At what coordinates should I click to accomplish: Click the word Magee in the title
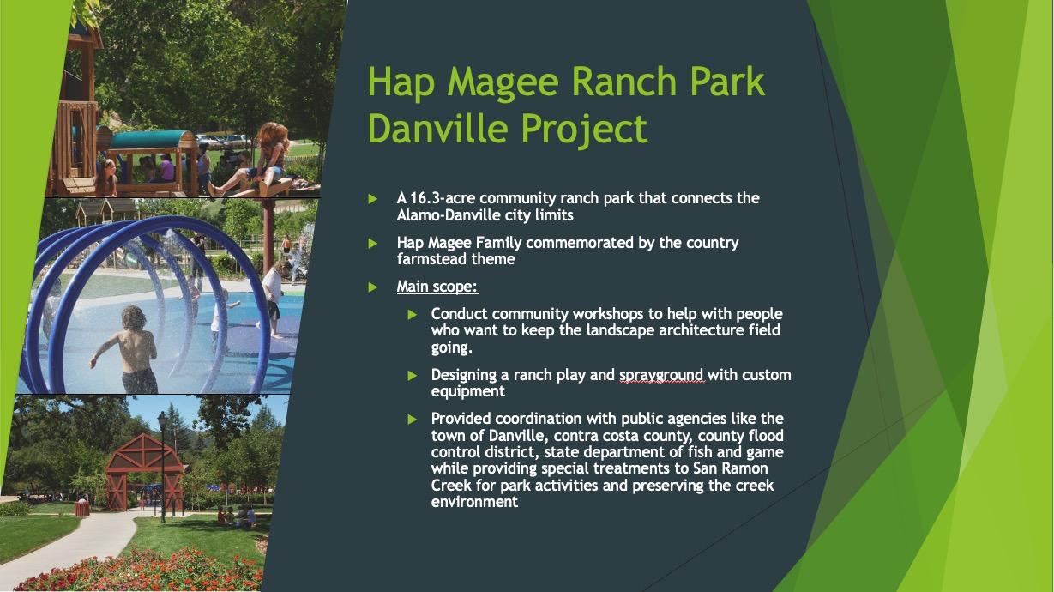coord(503,82)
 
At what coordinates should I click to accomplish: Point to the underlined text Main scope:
coord(437,286)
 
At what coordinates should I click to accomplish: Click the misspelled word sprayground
coord(661,376)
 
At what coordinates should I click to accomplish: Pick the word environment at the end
coord(474,502)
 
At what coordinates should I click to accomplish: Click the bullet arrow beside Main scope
coord(373,287)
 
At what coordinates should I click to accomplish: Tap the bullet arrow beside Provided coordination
coord(413,419)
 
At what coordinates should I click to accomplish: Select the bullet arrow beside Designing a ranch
coord(413,375)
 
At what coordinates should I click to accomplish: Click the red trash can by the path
coord(81,508)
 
